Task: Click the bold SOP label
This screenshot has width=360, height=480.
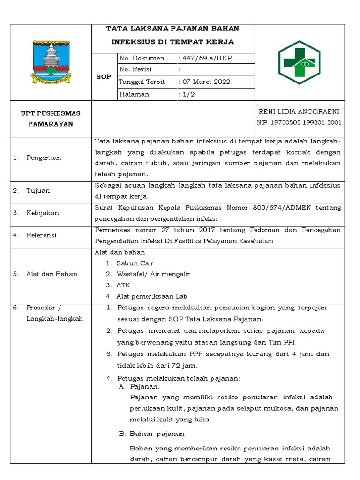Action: coord(104,77)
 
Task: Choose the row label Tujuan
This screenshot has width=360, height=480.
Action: coord(38,191)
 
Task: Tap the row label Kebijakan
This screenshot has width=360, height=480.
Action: coord(42,213)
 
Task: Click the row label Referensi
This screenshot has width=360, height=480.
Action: coord(42,235)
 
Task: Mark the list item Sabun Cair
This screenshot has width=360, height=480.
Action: coord(135,263)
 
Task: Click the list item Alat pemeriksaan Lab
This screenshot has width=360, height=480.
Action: coord(152,296)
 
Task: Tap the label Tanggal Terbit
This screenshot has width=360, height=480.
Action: coord(141,82)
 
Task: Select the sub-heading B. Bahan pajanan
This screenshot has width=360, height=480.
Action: coord(151,434)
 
